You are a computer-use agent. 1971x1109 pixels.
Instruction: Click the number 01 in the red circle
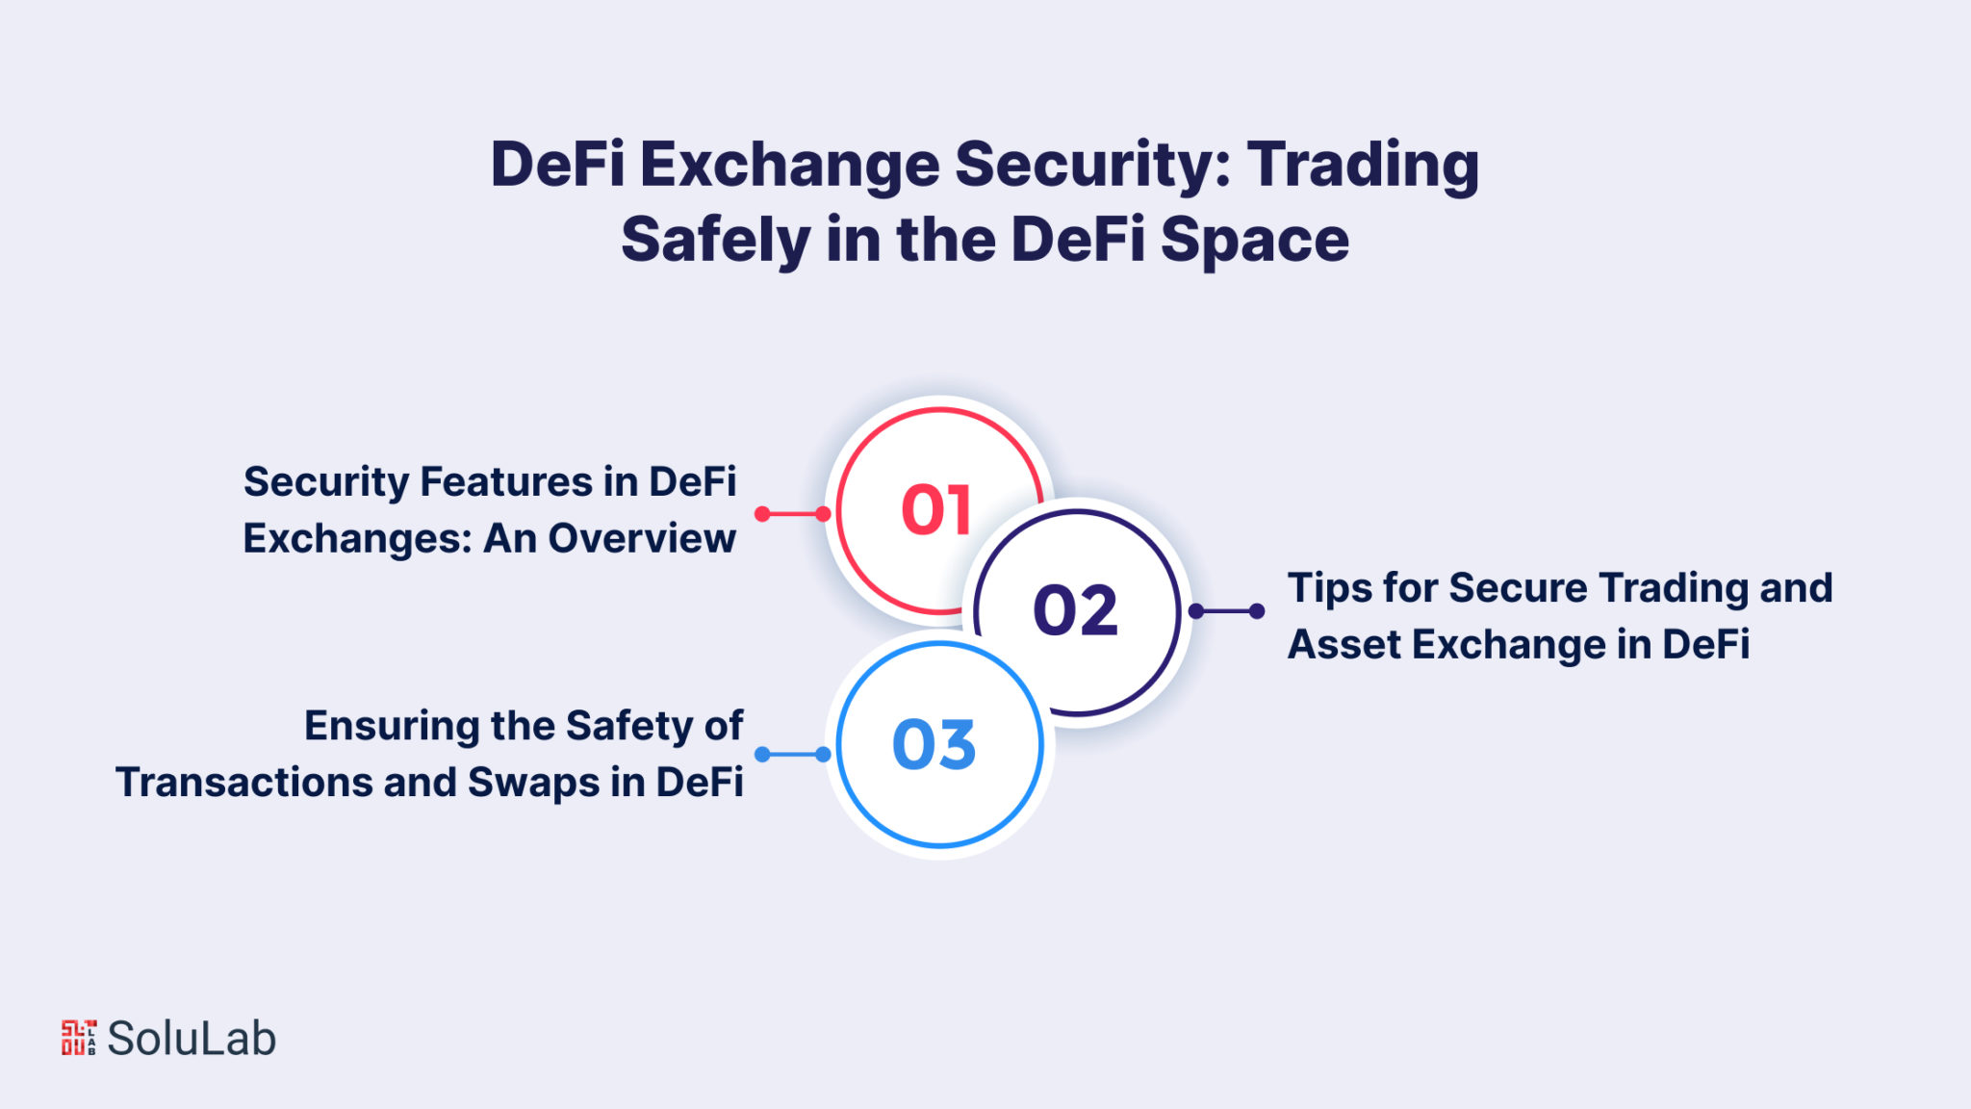click(x=935, y=509)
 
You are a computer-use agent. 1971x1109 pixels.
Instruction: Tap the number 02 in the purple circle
click(x=1075, y=610)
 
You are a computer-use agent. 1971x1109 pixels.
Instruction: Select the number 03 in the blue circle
click(x=934, y=744)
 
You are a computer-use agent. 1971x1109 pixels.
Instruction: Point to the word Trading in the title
click(x=1364, y=165)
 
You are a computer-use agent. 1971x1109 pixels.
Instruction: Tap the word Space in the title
click(x=1255, y=240)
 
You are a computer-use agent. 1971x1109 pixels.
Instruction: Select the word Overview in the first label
click(x=642, y=538)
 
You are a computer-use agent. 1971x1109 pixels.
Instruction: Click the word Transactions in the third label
click(x=243, y=783)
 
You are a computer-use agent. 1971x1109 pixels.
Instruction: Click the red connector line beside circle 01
click(x=792, y=514)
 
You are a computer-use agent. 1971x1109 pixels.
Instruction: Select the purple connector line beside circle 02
click(x=1226, y=611)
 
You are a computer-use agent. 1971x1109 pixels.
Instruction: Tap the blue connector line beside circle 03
click(x=792, y=755)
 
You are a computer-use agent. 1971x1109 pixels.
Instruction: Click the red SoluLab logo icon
click(x=79, y=1038)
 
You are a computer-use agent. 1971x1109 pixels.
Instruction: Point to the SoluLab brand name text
click(x=192, y=1039)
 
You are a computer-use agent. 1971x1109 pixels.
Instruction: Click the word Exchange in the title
click(x=789, y=165)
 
